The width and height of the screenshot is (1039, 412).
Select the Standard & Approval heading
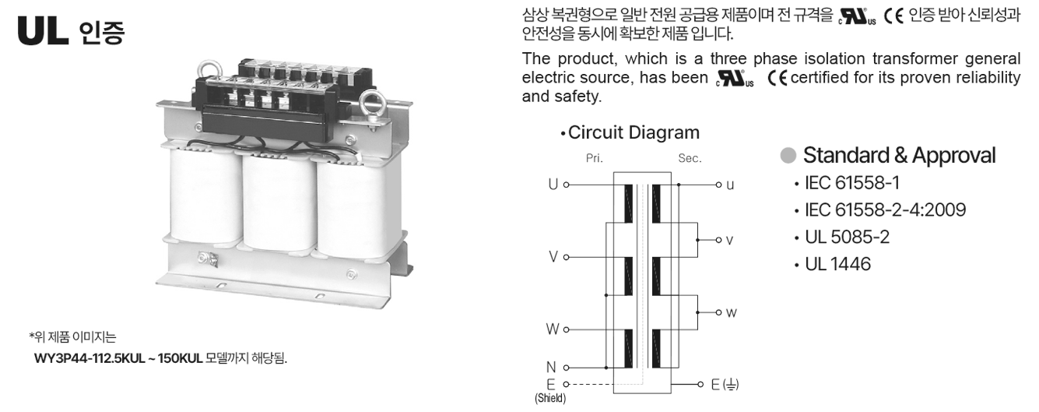pos(899,155)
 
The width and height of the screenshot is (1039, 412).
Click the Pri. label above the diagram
pos(594,158)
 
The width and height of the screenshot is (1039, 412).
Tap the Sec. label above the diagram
pos(690,158)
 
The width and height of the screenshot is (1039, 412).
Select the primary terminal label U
pos(553,185)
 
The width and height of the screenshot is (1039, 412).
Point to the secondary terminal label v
pos(729,241)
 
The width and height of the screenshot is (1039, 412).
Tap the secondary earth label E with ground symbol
pos(727,384)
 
